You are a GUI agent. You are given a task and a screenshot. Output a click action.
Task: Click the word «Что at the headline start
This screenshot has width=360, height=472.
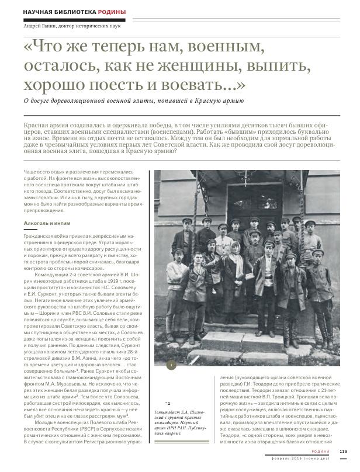(50, 45)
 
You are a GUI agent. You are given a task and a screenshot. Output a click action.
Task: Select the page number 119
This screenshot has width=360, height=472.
(344, 450)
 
